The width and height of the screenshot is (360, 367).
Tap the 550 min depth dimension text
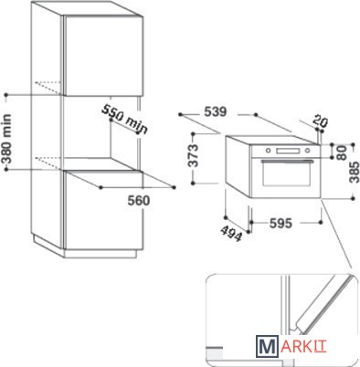click(x=125, y=120)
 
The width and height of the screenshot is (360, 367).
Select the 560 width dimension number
click(x=139, y=201)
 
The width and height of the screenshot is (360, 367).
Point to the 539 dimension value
click(x=216, y=112)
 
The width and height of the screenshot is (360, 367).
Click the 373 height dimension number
click(x=193, y=155)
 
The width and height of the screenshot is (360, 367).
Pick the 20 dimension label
click(x=320, y=121)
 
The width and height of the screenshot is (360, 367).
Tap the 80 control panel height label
click(x=343, y=152)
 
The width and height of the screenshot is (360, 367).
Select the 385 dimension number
click(x=355, y=173)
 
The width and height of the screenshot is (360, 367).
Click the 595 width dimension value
click(x=281, y=224)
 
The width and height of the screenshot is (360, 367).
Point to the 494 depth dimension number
click(x=231, y=233)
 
